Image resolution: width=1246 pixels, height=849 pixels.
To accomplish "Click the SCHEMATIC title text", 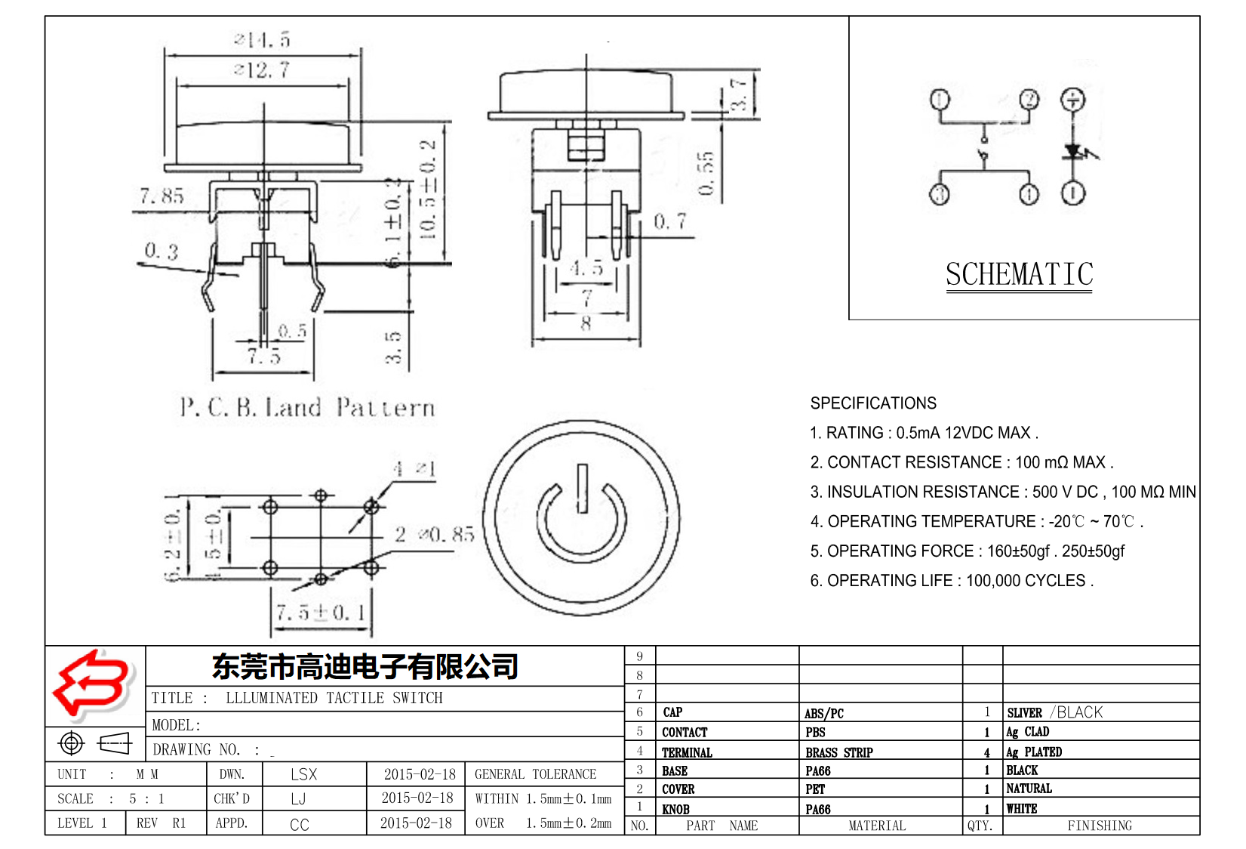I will point(1019,274).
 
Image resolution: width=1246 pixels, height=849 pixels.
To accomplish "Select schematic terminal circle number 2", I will point(1029,100).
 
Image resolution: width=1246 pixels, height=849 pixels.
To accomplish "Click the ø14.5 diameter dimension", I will point(262,39).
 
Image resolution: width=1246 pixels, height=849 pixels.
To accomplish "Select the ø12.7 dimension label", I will point(262,70).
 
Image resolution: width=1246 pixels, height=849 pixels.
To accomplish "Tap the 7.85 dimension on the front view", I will point(162,196).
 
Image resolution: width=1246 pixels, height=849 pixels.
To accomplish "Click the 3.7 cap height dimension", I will point(739,94).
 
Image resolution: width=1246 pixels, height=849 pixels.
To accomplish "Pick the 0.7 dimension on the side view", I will point(670,222).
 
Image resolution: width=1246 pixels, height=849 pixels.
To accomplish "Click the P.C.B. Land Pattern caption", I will point(307,408).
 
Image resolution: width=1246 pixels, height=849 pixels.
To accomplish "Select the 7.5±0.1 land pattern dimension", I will point(321,613).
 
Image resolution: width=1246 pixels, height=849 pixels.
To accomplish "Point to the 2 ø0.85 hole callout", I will point(435,535).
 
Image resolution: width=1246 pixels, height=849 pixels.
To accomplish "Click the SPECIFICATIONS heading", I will point(873,403).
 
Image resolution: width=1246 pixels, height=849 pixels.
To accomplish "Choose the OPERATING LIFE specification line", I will point(951,581).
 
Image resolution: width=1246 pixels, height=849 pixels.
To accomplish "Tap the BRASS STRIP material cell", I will point(838,752).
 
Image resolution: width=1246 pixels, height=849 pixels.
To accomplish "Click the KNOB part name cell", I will point(675,809).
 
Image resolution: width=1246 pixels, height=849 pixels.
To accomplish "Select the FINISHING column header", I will point(1100,826).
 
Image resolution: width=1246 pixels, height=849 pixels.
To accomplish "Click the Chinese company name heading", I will point(365,666).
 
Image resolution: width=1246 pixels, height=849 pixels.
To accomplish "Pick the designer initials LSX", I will point(303,774).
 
